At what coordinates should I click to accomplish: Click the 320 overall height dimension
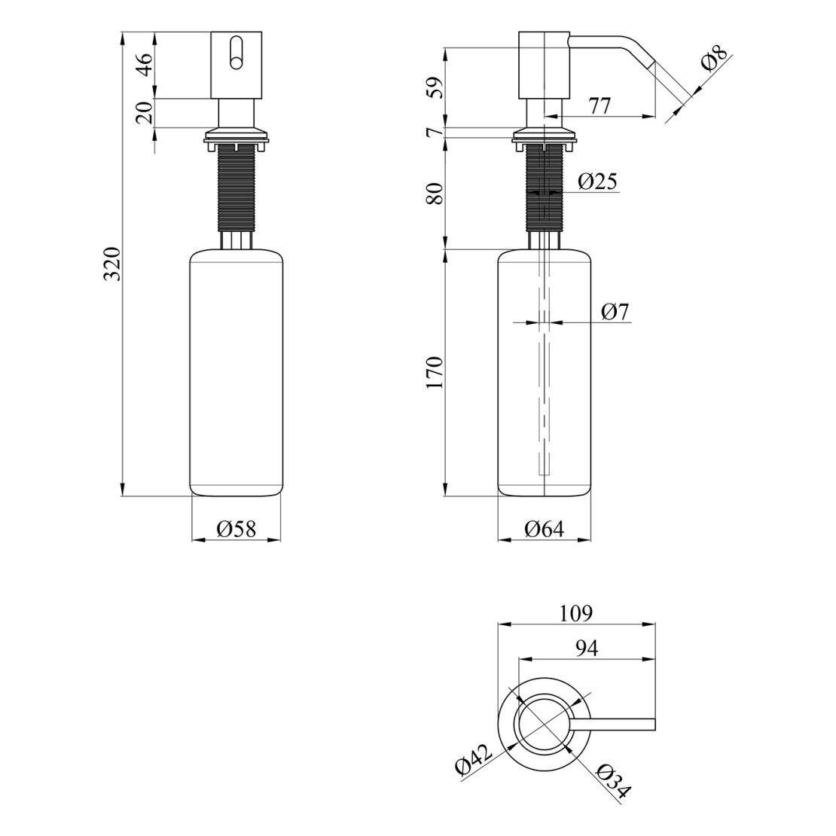tap(113, 264)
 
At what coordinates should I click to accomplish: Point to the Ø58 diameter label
tap(236, 529)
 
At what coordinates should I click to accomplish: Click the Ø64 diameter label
tap(544, 529)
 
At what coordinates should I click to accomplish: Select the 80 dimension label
tap(435, 194)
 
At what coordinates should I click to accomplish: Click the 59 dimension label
tap(435, 88)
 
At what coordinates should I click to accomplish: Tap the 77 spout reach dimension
tap(600, 105)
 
